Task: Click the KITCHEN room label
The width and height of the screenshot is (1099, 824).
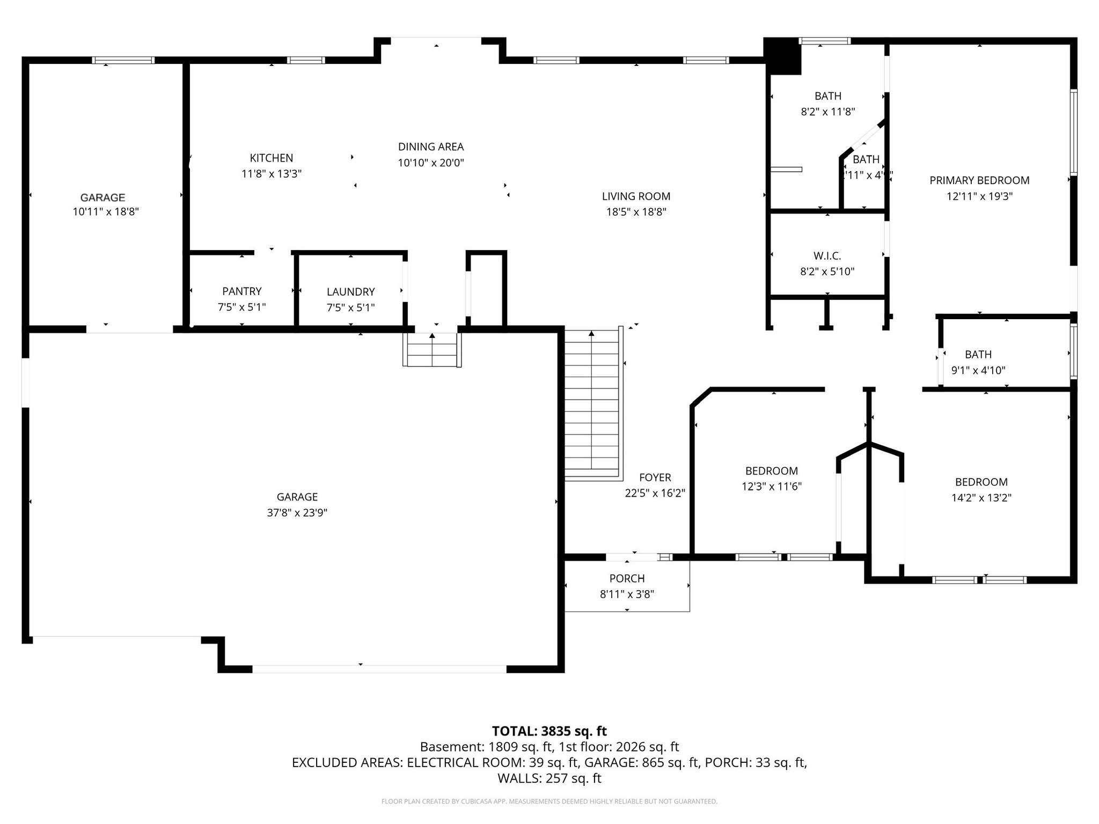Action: (272, 158)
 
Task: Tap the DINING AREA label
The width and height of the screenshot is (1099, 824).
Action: (430, 146)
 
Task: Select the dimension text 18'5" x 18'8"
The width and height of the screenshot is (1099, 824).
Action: (636, 212)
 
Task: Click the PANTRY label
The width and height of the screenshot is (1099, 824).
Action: (242, 291)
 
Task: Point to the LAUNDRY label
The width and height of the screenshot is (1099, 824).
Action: (350, 292)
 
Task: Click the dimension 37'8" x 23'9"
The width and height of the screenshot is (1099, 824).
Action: (297, 513)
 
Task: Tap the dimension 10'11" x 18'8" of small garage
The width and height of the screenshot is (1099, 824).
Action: (106, 212)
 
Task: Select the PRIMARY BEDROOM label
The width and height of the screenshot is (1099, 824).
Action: (979, 181)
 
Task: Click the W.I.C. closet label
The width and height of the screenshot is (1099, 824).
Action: (827, 256)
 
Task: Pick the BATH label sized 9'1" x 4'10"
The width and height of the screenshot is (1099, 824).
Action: (978, 355)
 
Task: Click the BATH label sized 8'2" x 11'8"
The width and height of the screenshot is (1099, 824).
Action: (827, 96)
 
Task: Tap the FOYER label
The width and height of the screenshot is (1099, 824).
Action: (655, 477)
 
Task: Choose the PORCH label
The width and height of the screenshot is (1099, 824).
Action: (627, 578)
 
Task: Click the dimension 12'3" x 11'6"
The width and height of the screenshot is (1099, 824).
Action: (772, 487)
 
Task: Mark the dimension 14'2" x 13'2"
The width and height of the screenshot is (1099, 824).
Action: (981, 498)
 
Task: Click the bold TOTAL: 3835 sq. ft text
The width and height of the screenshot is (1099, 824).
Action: (549, 731)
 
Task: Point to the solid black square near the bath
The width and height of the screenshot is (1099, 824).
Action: (782, 56)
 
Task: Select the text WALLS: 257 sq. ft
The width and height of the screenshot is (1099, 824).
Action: (549, 778)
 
